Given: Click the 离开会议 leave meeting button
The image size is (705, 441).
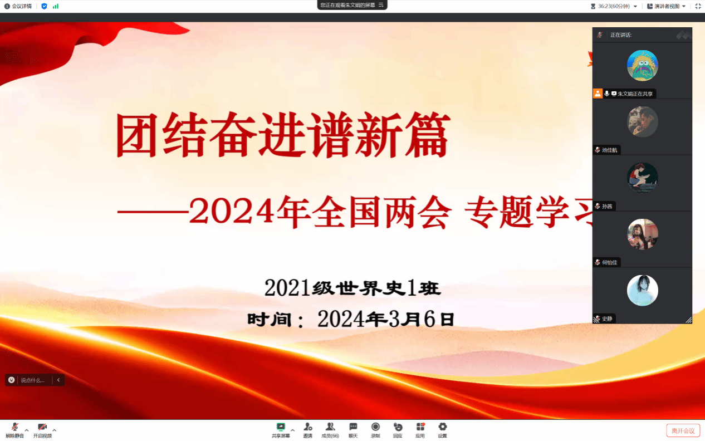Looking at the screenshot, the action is click(x=683, y=430).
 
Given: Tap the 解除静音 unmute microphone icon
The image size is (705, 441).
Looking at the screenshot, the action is click(x=15, y=427).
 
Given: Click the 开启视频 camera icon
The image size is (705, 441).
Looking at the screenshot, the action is click(x=42, y=427).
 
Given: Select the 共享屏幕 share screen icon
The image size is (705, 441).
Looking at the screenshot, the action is click(x=281, y=427).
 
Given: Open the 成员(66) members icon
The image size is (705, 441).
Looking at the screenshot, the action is click(x=330, y=427).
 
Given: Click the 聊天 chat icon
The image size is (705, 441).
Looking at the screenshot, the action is click(x=353, y=427).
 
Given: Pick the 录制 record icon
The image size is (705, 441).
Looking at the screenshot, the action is click(x=375, y=427).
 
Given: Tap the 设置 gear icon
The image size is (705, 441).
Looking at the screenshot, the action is click(x=443, y=427).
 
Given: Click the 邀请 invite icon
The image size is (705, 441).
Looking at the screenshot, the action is click(x=308, y=427).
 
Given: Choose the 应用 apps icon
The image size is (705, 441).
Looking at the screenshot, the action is click(x=420, y=427).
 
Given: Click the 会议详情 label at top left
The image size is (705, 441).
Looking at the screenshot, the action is click(x=22, y=6).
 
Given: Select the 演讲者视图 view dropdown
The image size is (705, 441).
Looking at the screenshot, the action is click(x=666, y=6).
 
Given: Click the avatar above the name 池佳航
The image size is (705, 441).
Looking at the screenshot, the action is click(x=643, y=122).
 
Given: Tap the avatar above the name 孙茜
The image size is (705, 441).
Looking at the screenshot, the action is click(x=643, y=178).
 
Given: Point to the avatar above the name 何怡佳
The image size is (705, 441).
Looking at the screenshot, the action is click(x=643, y=234).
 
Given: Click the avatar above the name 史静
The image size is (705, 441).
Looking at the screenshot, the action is click(x=643, y=290).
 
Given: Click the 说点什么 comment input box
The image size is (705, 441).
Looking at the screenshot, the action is click(x=32, y=380).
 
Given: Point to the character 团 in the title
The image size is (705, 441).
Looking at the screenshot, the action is click(x=136, y=135).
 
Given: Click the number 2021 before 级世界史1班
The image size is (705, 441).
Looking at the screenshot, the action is click(x=287, y=288).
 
